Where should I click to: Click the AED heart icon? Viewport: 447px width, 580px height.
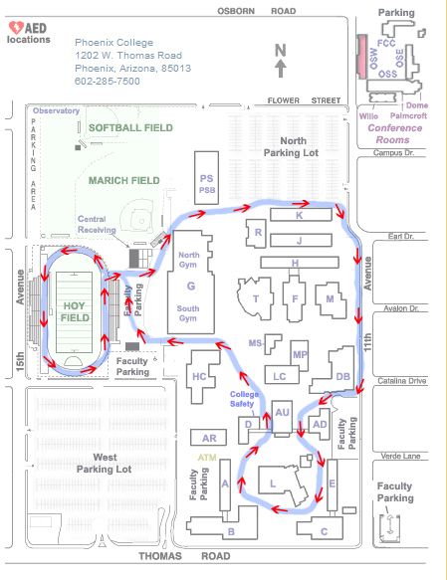[16, 28]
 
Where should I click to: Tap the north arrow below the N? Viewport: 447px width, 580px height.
[281, 69]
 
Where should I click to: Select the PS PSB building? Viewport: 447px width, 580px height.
[206, 177]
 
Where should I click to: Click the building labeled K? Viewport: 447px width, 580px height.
[301, 215]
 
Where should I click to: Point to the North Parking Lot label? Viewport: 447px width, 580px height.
[292, 147]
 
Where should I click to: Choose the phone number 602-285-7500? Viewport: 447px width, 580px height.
[108, 81]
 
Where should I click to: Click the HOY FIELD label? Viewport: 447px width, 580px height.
[75, 311]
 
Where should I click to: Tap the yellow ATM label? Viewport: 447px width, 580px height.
[207, 458]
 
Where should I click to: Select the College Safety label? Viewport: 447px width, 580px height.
[243, 399]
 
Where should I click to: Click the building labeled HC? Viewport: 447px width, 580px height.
[199, 377]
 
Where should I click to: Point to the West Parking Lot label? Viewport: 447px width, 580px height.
[104, 464]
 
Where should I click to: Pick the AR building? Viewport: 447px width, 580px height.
[208, 438]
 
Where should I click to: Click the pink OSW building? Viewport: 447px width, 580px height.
[362, 57]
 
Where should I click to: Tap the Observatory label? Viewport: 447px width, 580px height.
[56, 110]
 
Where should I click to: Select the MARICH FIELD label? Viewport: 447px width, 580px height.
[124, 180]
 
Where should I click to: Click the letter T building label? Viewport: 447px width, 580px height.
[256, 298]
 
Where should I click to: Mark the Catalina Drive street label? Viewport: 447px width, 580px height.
[402, 381]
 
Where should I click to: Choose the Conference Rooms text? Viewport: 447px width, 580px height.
[394, 134]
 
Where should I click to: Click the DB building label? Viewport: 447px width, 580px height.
[342, 377]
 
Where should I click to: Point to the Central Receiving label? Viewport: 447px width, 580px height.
[97, 225]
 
